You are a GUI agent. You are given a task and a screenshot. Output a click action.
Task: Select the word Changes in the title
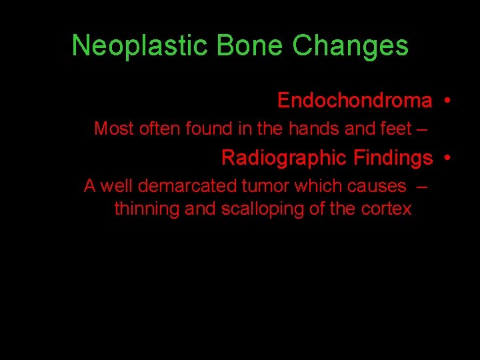pos(350,46)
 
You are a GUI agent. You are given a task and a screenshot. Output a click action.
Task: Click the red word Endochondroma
pos(355,101)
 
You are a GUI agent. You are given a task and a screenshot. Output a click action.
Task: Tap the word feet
pos(396,129)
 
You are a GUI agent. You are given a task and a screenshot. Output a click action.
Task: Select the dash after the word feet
pos(421,129)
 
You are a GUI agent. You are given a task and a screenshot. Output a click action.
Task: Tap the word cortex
pos(387,209)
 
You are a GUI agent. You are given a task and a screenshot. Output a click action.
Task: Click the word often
pos(157,129)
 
